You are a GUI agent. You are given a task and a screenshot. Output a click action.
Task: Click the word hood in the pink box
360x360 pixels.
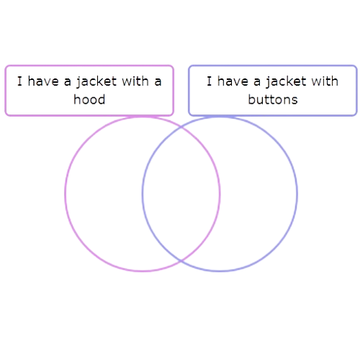pos(89,99)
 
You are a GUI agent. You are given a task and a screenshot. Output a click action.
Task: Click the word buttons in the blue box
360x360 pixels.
pos(273,99)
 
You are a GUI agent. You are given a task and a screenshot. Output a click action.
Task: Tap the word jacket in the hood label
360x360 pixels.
pos(96,81)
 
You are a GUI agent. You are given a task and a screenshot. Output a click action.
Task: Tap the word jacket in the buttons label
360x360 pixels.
pos(286,81)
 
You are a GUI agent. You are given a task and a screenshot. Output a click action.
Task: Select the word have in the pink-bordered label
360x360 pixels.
pos(43,81)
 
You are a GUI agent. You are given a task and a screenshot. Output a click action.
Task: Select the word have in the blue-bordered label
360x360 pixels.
pos(233,81)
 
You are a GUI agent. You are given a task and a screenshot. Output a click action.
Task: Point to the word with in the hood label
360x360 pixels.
pos(135,81)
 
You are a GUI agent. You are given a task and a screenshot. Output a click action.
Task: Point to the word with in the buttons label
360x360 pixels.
pos(325,81)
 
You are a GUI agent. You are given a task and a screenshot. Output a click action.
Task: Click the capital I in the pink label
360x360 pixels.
pos(19,81)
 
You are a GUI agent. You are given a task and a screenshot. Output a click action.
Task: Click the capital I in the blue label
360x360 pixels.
pos(210,81)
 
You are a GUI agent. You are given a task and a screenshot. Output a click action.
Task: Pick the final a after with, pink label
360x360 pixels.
pos(158,82)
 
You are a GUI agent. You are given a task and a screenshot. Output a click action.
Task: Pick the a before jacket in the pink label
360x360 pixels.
pos(68,82)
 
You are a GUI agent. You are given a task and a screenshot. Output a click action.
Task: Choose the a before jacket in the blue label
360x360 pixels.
pos(257,82)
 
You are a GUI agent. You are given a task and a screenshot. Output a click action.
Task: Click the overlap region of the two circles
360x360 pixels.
pos(181,194)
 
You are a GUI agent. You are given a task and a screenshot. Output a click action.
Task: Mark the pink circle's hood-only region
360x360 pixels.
pos(104,194)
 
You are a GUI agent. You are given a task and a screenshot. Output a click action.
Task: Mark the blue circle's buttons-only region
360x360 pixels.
pos(258,194)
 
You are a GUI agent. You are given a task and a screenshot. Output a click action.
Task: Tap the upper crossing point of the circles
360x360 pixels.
pos(181,127)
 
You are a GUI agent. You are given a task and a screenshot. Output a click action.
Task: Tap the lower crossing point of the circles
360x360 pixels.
pos(181,261)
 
